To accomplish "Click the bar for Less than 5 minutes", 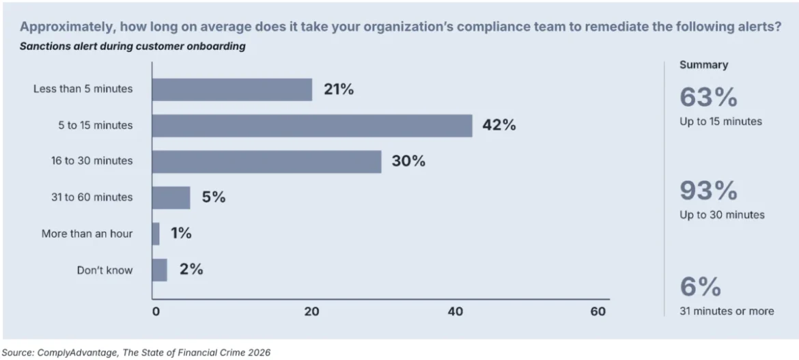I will [232, 89].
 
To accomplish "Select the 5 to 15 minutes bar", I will [311, 126].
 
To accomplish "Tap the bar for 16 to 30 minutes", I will [266, 162].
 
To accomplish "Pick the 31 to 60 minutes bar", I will [171, 198].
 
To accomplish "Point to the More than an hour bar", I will [156, 234].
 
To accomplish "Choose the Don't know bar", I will [159, 270].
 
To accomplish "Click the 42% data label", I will [499, 126].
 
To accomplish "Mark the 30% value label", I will [408, 162].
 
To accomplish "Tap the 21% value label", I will [339, 89].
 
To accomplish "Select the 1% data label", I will [181, 234].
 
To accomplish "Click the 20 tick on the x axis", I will [311, 311].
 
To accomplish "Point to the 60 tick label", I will [598, 311].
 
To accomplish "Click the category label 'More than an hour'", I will [87, 234].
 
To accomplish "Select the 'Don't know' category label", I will [104, 270].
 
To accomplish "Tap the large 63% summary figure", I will [708, 98].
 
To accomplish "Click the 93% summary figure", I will [708, 191].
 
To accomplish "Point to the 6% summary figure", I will [700, 287].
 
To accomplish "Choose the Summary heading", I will [703, 65].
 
